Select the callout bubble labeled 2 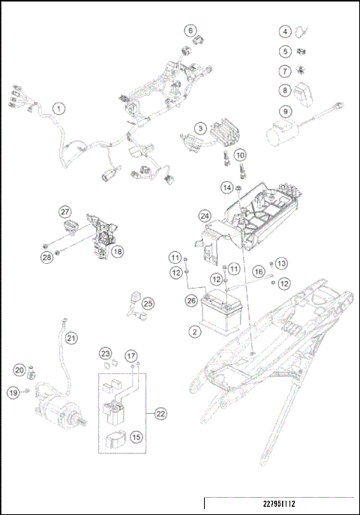(194, 331)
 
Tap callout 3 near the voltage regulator (201, 129)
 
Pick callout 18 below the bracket (118, 252)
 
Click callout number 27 (65, 212)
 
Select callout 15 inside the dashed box (136, 436)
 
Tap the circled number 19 (14, 392)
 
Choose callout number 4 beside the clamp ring (286, 31)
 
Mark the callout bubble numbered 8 (286, 91)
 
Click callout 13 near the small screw (281, 263)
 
